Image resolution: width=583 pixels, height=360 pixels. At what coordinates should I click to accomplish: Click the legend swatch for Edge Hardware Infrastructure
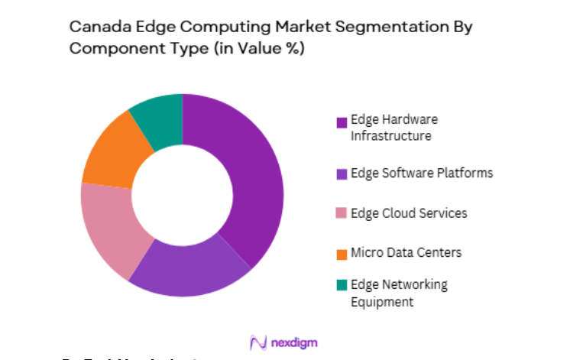tap(342, 122)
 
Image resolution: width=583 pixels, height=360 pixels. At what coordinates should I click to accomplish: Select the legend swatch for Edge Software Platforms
tap(342, 174)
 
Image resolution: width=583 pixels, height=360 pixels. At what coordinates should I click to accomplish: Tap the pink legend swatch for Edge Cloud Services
tap(342, 214)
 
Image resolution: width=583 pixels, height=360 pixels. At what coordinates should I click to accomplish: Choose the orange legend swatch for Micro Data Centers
tap(342, 254)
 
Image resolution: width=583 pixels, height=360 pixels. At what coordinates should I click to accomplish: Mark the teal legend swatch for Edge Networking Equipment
tap(342, 286)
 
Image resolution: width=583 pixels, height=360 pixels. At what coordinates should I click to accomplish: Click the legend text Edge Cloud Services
tap(409, 213)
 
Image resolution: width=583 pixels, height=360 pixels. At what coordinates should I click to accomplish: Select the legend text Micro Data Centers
tap(406, 253)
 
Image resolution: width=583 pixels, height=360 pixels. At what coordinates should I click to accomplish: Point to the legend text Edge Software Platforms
tap(422, 174)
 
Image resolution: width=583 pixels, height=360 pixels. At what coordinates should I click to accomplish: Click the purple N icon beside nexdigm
tap(257, 342)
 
